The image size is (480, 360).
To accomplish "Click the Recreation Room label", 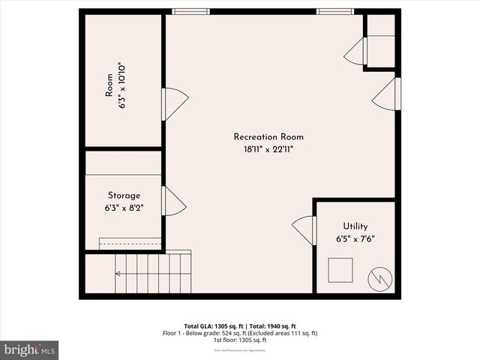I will click(268, 136).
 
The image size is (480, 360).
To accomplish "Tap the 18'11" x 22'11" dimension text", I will click(268, 149).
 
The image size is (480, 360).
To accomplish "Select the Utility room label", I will click(355, 226).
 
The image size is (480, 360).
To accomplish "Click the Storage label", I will click(124, 196).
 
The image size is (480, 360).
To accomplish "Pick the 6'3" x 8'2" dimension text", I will click(124, 208).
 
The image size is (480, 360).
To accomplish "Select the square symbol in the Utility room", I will click(341, 268).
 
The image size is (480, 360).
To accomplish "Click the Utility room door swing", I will click(306, 229).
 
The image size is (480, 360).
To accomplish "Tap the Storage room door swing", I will click(172, 201).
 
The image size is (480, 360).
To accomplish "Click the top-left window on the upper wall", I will click(190, 11).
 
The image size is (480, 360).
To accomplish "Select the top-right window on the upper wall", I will click(334, 11).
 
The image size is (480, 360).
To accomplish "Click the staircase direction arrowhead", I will click(118, 274).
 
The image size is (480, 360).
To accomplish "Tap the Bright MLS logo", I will click(29, 349).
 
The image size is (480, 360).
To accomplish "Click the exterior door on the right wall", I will click(388, 93).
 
